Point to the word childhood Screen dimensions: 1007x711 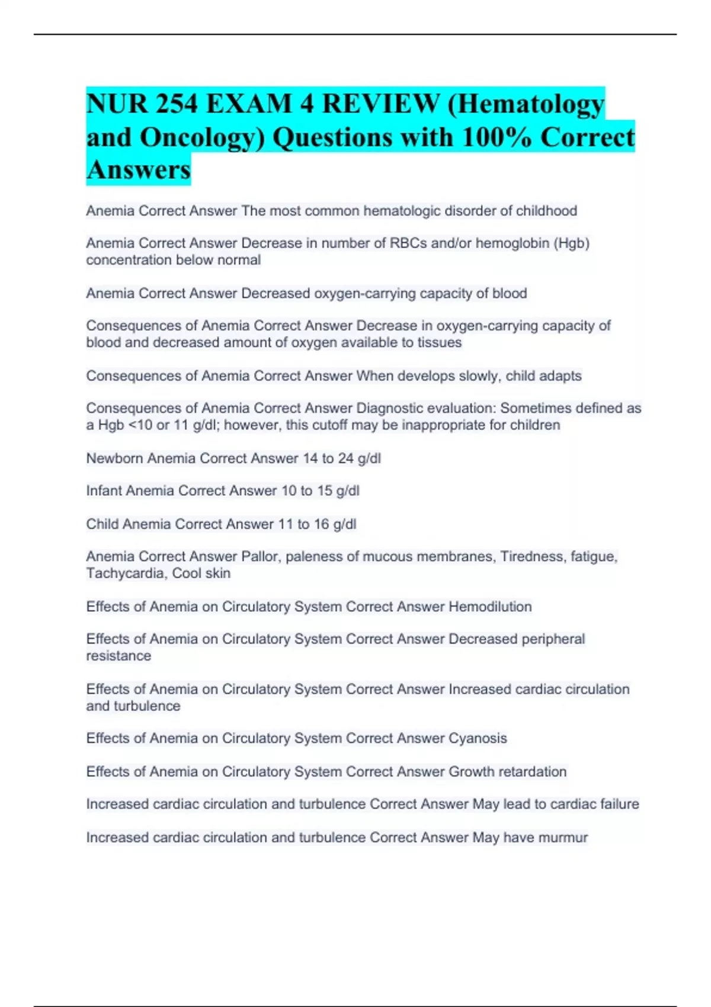point(546,211)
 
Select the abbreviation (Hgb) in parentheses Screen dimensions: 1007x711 point(571,243)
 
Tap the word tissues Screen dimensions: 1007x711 point(439,343)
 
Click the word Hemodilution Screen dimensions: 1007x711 point(490,607)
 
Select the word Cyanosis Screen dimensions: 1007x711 point(478,739)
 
